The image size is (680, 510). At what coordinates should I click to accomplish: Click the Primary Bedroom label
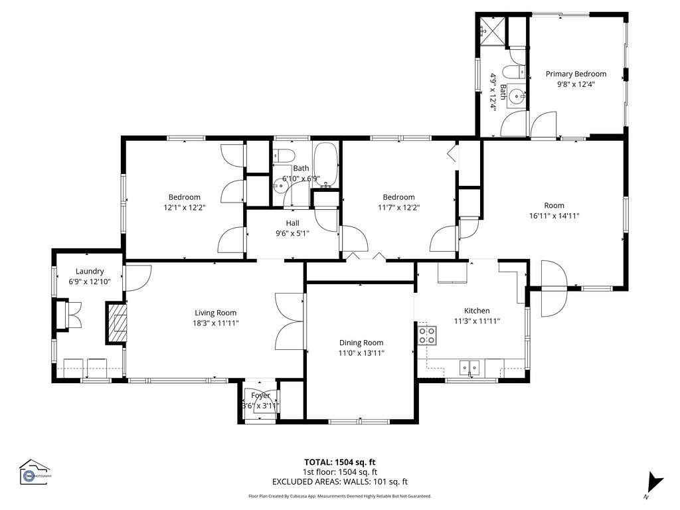(576, 74)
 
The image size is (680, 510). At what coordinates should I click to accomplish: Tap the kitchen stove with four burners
(427, 335)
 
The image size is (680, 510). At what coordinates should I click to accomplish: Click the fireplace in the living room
(116, 323)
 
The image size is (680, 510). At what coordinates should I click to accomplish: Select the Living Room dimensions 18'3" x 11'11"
(215, 323)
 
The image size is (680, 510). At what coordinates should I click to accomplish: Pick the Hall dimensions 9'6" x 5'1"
(292, 233)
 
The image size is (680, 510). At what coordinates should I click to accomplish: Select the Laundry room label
(90, 271)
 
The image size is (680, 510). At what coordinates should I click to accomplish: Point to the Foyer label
(260, 395)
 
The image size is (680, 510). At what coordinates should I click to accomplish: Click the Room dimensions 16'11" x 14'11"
(554, 216)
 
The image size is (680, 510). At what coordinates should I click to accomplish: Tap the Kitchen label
(476, 311)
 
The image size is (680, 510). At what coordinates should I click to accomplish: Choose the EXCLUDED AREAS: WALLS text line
(339, 482)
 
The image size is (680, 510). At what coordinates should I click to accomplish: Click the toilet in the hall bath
(284, 155)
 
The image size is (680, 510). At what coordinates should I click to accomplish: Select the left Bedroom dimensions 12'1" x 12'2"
(184, 207)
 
